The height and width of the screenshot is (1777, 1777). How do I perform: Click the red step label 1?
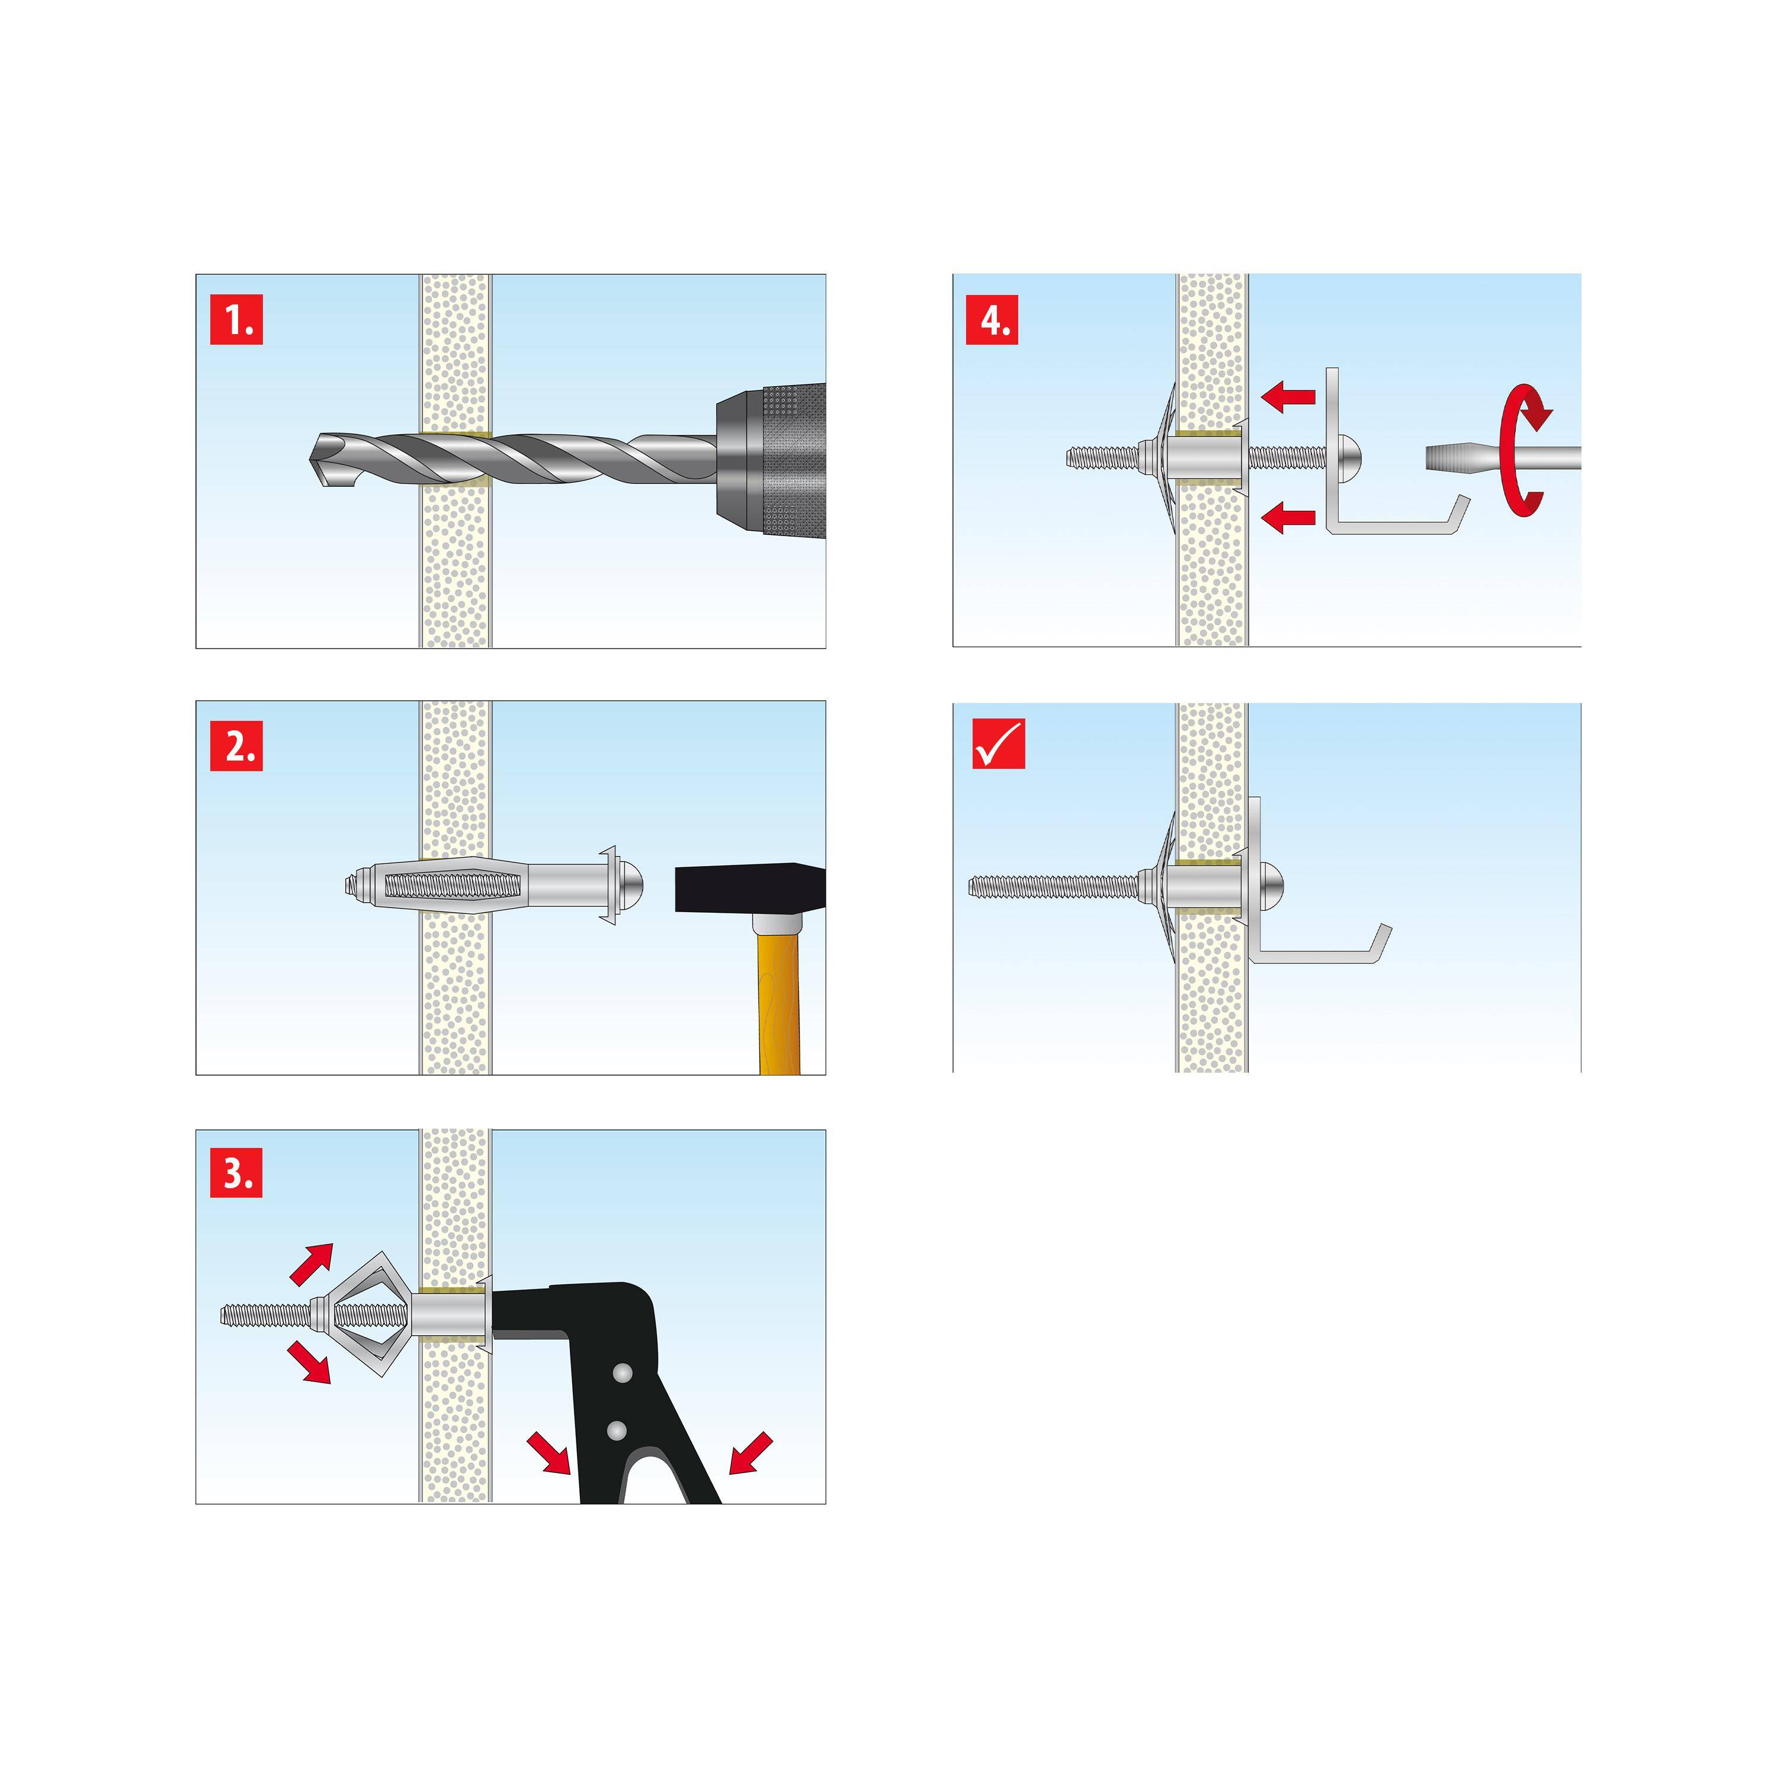(x=236, y=319)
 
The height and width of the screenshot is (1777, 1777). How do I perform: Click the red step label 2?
(x=236, y=745)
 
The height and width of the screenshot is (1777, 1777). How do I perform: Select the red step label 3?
(x=236, y=1173)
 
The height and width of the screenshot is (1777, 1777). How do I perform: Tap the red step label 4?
(x=992, y=319)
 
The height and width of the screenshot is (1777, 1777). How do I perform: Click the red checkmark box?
(x=998, y=743)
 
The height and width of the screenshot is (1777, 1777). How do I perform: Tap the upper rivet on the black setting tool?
(x=623, y=1374)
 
